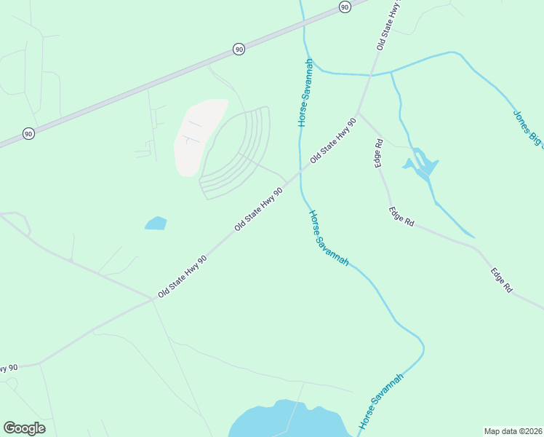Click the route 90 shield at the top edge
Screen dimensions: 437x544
click(345, 6)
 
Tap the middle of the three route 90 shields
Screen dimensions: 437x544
click(239, 49)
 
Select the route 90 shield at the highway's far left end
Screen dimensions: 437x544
click(28, 134)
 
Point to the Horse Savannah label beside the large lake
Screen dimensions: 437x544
click(380, 401)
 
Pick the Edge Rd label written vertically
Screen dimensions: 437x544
click(378, 153)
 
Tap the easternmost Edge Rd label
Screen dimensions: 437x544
click(501, 280)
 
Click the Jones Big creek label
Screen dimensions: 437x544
click(527, 128)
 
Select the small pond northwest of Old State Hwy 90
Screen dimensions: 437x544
click(156, 223)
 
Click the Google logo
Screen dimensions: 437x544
click(24, 428)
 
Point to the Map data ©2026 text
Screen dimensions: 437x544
click(513, 430)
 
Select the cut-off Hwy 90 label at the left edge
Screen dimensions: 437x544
click(7, 369)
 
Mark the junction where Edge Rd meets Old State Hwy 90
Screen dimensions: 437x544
click(357, 113)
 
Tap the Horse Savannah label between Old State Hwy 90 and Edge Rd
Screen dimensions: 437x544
click(329, 237)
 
